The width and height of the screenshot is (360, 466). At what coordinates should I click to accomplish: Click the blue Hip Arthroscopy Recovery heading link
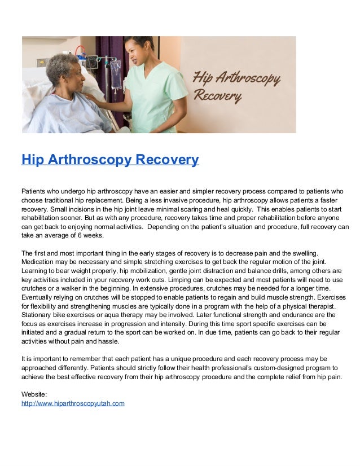coord(110,160)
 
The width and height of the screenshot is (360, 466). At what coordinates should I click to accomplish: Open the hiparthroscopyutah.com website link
coord(73,404)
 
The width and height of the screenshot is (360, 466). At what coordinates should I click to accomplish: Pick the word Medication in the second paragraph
coord(39,262)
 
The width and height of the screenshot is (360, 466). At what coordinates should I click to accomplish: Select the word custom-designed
coord(262,368)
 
